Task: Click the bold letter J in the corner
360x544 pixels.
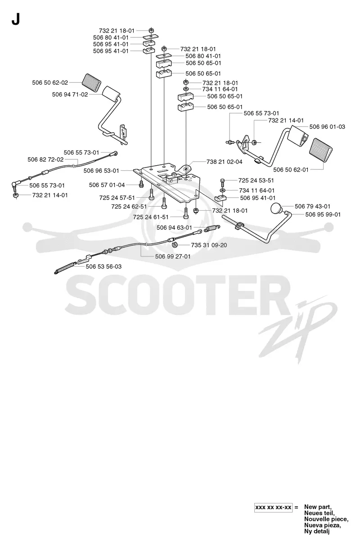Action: [16, 19]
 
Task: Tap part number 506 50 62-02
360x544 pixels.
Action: [50, 82]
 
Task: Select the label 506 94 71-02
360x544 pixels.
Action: [70, 95]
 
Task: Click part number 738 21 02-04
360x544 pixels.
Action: [224, 162]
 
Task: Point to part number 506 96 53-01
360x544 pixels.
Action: [101, 171]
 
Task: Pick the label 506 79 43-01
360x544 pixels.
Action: [312, 206]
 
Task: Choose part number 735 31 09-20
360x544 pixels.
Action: [209, 245]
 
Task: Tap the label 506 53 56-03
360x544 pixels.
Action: [103, 267]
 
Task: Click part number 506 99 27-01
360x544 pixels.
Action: [173, 256]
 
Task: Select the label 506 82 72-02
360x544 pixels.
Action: [45, 159]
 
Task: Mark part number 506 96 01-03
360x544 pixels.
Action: [327, 127]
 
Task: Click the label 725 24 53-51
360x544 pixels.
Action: [256, 181]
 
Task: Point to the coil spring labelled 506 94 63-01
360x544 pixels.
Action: [212, 228]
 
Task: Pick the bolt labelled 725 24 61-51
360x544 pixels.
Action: [186, 213]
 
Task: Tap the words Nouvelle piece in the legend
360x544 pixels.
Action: [326, 519]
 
